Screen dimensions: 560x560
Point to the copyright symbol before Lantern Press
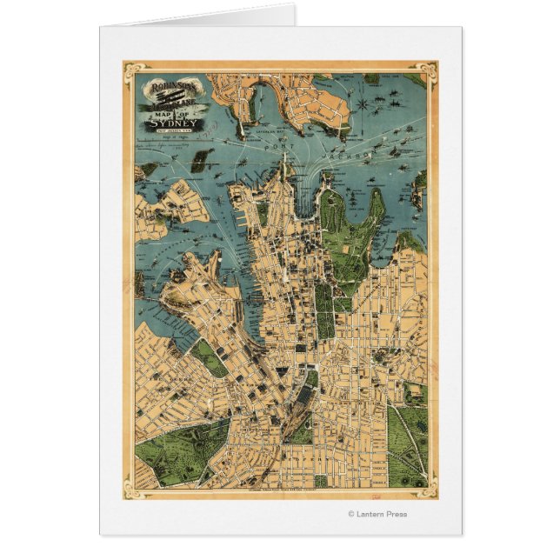coord(351,513)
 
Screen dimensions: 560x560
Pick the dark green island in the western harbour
coord(202,160)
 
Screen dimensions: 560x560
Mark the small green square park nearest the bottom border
coord(320,480)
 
